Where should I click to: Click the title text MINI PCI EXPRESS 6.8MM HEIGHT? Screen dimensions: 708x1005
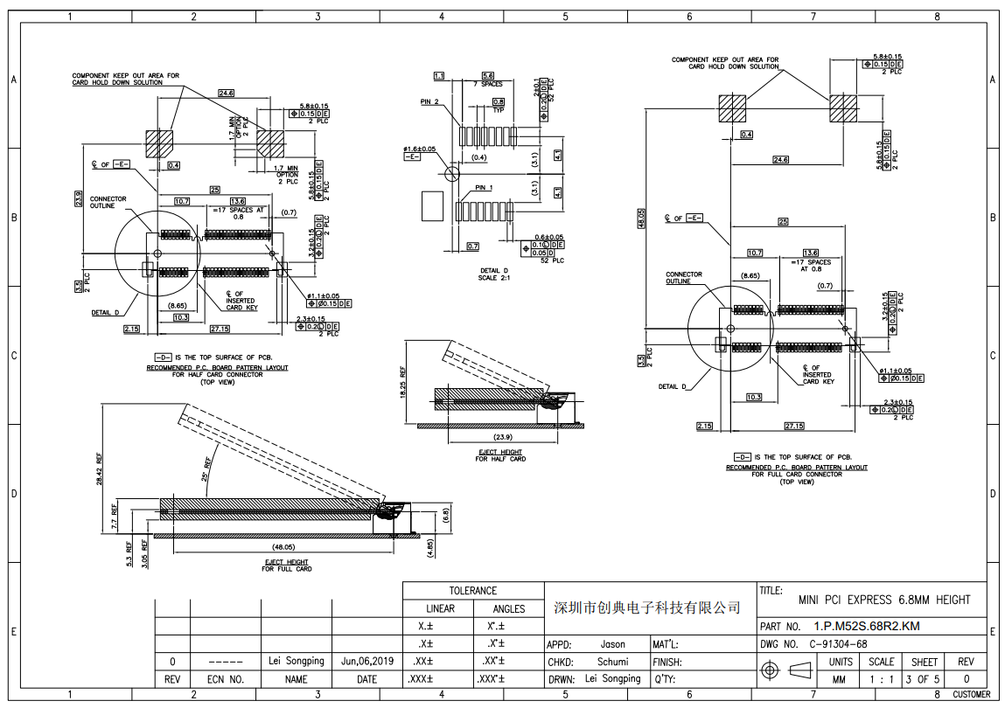click(883, 600)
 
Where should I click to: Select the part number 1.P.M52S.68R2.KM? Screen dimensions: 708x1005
click(866, 626)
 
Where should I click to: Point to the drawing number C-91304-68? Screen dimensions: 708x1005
click(838, 644)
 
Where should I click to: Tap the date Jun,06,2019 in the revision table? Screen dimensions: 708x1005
click(367, 661)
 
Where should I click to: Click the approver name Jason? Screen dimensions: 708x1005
click(612, 644)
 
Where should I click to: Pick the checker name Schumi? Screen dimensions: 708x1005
click(612, 662)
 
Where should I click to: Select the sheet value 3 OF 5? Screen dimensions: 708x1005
click(924, 679)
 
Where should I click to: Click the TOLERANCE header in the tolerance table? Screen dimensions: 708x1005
click(472, 591)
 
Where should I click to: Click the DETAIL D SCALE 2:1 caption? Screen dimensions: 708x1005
click(494, 274)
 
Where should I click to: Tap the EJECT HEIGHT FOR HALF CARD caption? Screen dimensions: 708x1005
click(501, 455)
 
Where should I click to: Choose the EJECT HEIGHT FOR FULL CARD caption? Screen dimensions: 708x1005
click(286, 566)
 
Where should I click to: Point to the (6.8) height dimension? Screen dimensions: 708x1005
click(446, 515)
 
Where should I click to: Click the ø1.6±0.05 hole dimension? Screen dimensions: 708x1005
click(420, 149)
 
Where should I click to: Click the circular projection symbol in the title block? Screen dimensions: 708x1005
click(771, 670)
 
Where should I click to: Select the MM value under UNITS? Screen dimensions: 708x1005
click(839, 679)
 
